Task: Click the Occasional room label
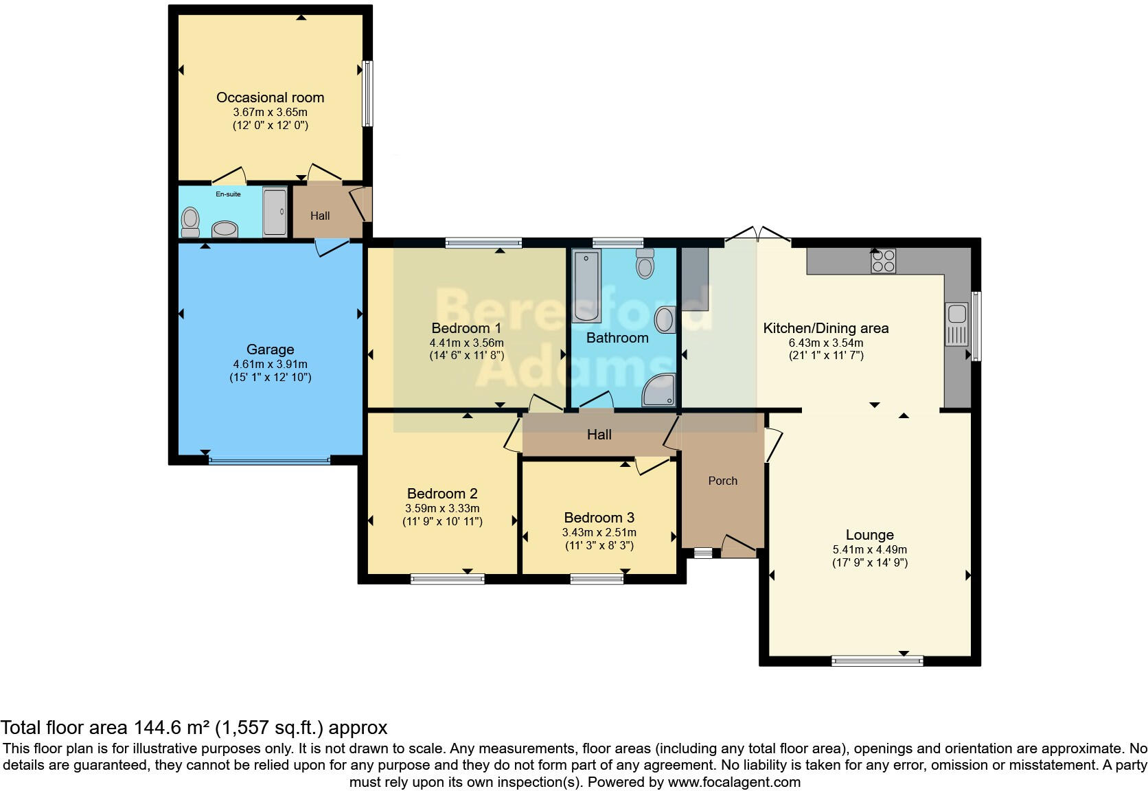tap(270, 98)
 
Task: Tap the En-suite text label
tap(228, 194)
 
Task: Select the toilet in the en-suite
tap(190, 222)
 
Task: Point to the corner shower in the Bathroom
tap(659, 391)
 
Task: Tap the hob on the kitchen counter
tap(883, 261)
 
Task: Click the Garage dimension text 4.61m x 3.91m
tap(270, 365)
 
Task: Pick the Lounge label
tap(869, 535)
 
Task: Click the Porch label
tap(722, 481)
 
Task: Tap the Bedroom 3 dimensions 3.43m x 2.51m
tap(599, 533)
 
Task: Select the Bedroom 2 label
tap(442, 494)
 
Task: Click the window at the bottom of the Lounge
tap(877, 661)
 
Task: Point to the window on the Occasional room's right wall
tap(367, 94)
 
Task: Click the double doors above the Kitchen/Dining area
tap(757, 235)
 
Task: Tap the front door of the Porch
tap(738, 545)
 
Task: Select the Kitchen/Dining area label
tap(825, 328)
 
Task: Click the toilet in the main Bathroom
tap(645, 264)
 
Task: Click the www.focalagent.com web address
tap(734, 782)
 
